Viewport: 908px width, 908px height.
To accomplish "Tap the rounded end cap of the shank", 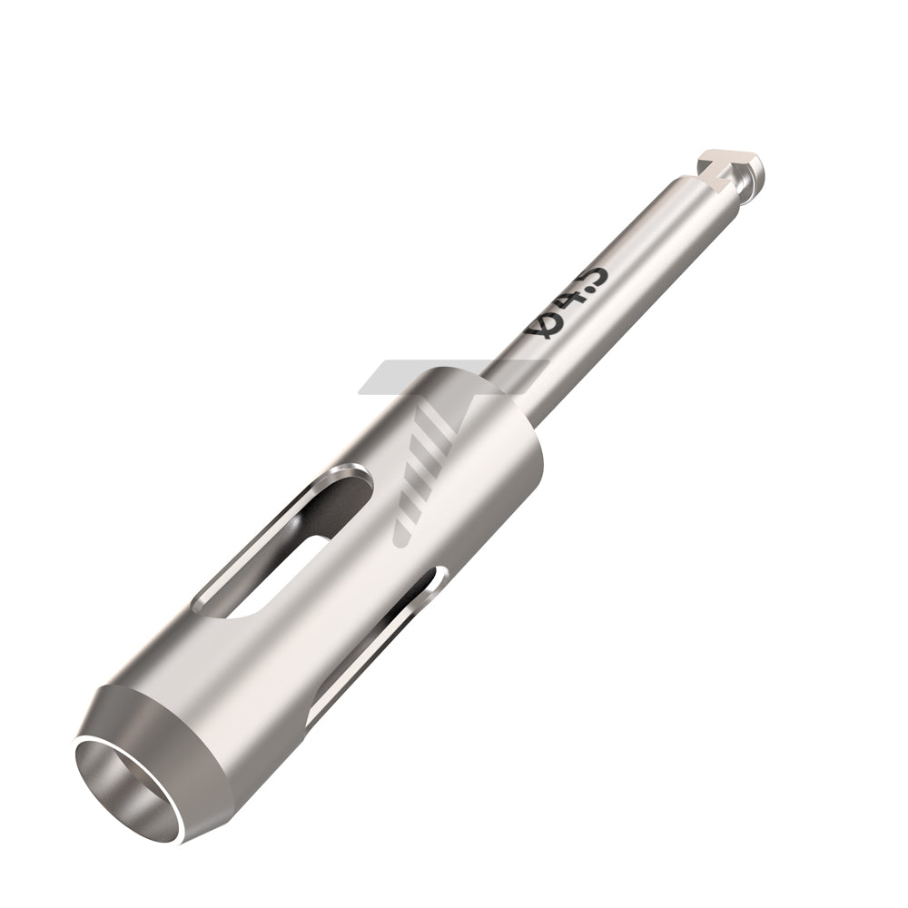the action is coord(752,171).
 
